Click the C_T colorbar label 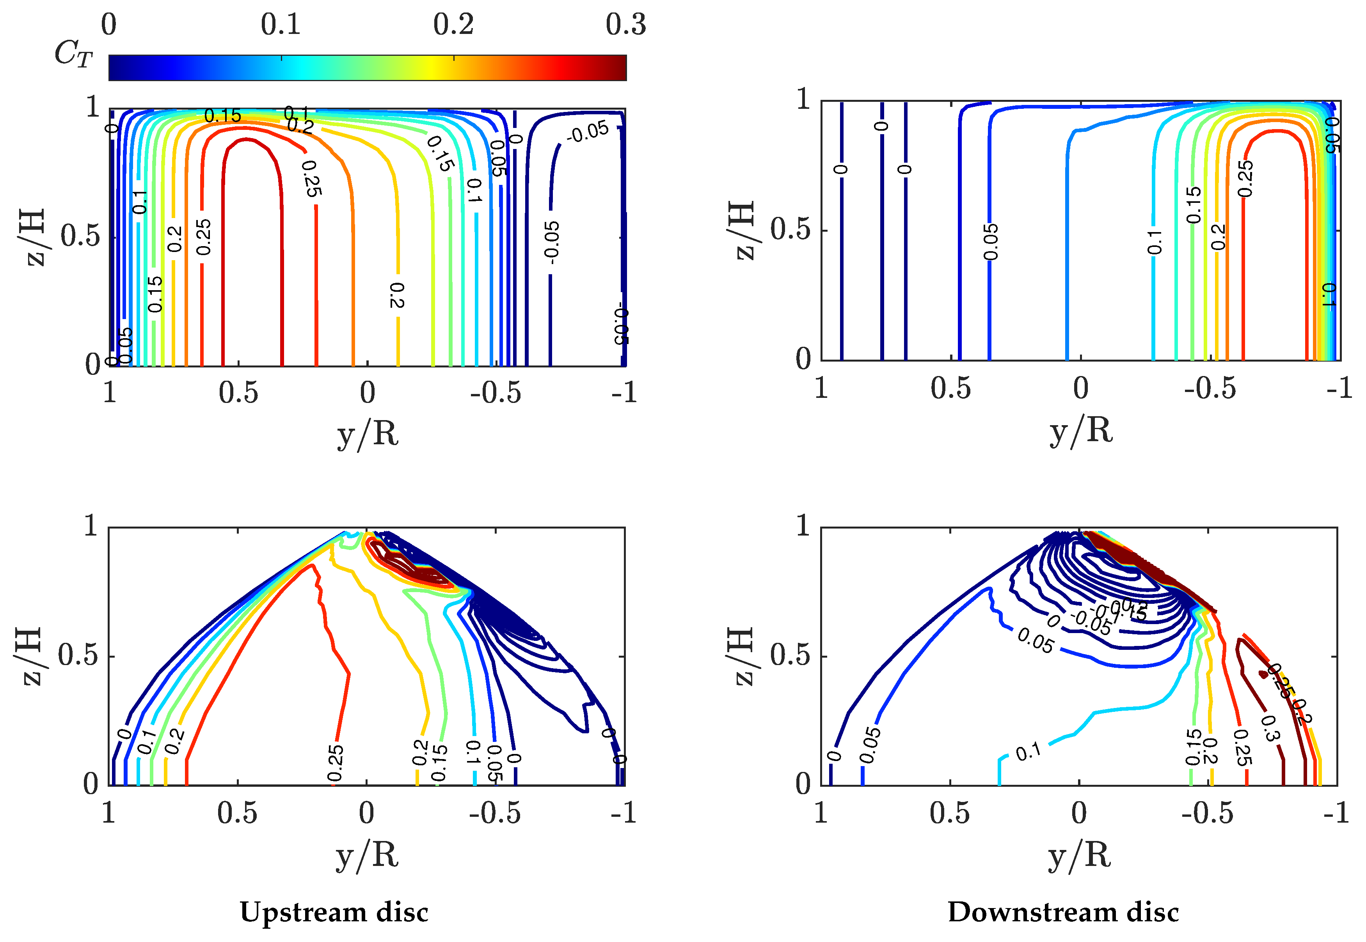[73, 54]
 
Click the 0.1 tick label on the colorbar [281, 25]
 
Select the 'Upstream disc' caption [334, 912]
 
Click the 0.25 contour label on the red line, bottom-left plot [335, 763]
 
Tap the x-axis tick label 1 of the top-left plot [110, 392]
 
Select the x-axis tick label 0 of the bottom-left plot [367, 813]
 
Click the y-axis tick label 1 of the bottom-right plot [802, 525]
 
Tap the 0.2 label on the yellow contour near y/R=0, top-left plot [397, 295]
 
